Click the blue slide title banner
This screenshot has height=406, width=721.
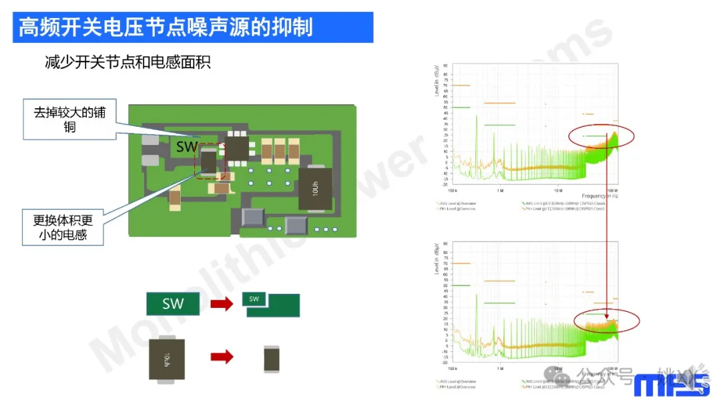point(193,27)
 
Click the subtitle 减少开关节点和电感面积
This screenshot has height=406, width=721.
point(128,63)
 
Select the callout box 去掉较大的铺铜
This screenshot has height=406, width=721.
point(70,119)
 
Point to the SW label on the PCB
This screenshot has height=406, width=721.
point(188,145)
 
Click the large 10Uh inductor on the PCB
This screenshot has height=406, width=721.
point(315,189)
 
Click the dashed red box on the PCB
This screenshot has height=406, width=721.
point(210,161)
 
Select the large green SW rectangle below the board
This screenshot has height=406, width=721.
point(174,304)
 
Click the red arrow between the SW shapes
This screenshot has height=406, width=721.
point(222,304)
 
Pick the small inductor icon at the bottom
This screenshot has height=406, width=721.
point(272,359)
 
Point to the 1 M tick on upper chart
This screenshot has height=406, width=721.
point(500,190)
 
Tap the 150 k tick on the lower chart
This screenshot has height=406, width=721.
point(453,369)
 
